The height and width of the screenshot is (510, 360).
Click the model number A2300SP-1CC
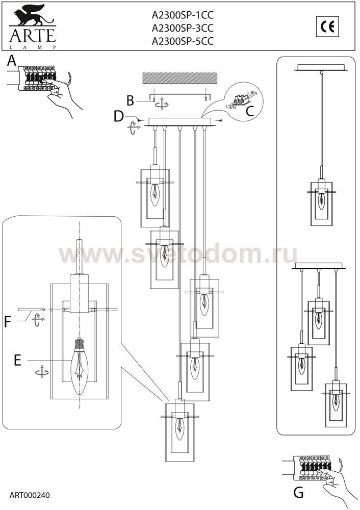tap(183, 15)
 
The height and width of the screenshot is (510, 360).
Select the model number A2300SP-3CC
tap(183, 28)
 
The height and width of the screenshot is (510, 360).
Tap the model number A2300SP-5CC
tap(183, 41)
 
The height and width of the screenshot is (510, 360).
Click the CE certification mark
tap(327, 27)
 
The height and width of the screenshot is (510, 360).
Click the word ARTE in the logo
tap(33, 36)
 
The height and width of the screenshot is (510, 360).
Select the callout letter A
tap(12, 61)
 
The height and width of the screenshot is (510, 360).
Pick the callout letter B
tap(131, 100)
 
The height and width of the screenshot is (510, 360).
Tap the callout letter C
tap(249, 112)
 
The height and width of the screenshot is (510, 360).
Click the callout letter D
tap(119, 116)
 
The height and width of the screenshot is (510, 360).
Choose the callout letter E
tap(17, 361)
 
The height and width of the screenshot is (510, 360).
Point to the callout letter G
tap(298, 493)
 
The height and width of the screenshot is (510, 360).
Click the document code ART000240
tap(30, 495)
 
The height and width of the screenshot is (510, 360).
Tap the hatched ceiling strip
tap(180, 78)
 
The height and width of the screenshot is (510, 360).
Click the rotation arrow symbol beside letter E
tap(42, 371)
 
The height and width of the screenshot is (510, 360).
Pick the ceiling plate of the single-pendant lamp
tap(322, 67)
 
